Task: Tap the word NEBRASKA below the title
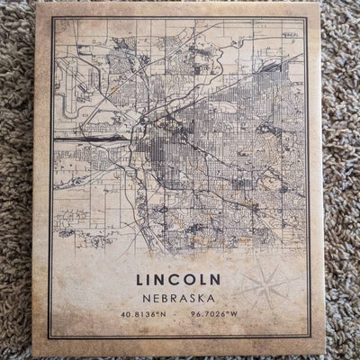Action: click(x=179, y=293)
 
